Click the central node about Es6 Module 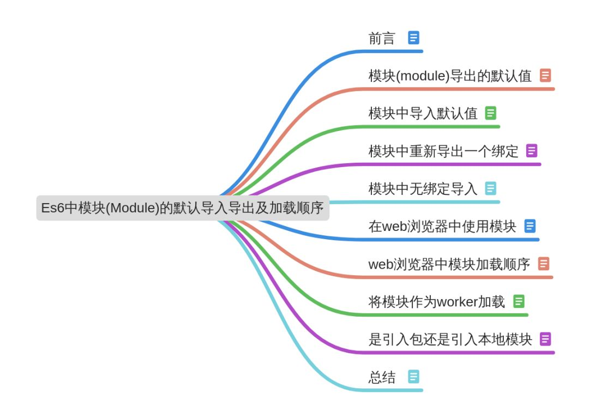183,208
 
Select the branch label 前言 382,38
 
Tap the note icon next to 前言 414,38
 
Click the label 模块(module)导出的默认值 450,76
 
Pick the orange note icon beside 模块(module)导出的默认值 545,75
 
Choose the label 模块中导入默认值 423,114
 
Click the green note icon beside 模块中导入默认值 491,113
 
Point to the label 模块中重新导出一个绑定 443,151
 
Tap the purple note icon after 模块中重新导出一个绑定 532,151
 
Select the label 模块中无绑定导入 423,189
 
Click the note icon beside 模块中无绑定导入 491,188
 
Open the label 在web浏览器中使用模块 442,227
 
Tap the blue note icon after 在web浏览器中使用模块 530,226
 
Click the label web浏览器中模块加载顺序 449,265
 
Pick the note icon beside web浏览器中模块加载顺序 544,264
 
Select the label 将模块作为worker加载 437,302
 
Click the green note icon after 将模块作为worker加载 519,301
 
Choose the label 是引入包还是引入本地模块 450,340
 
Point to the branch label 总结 382,377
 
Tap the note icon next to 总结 414,377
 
